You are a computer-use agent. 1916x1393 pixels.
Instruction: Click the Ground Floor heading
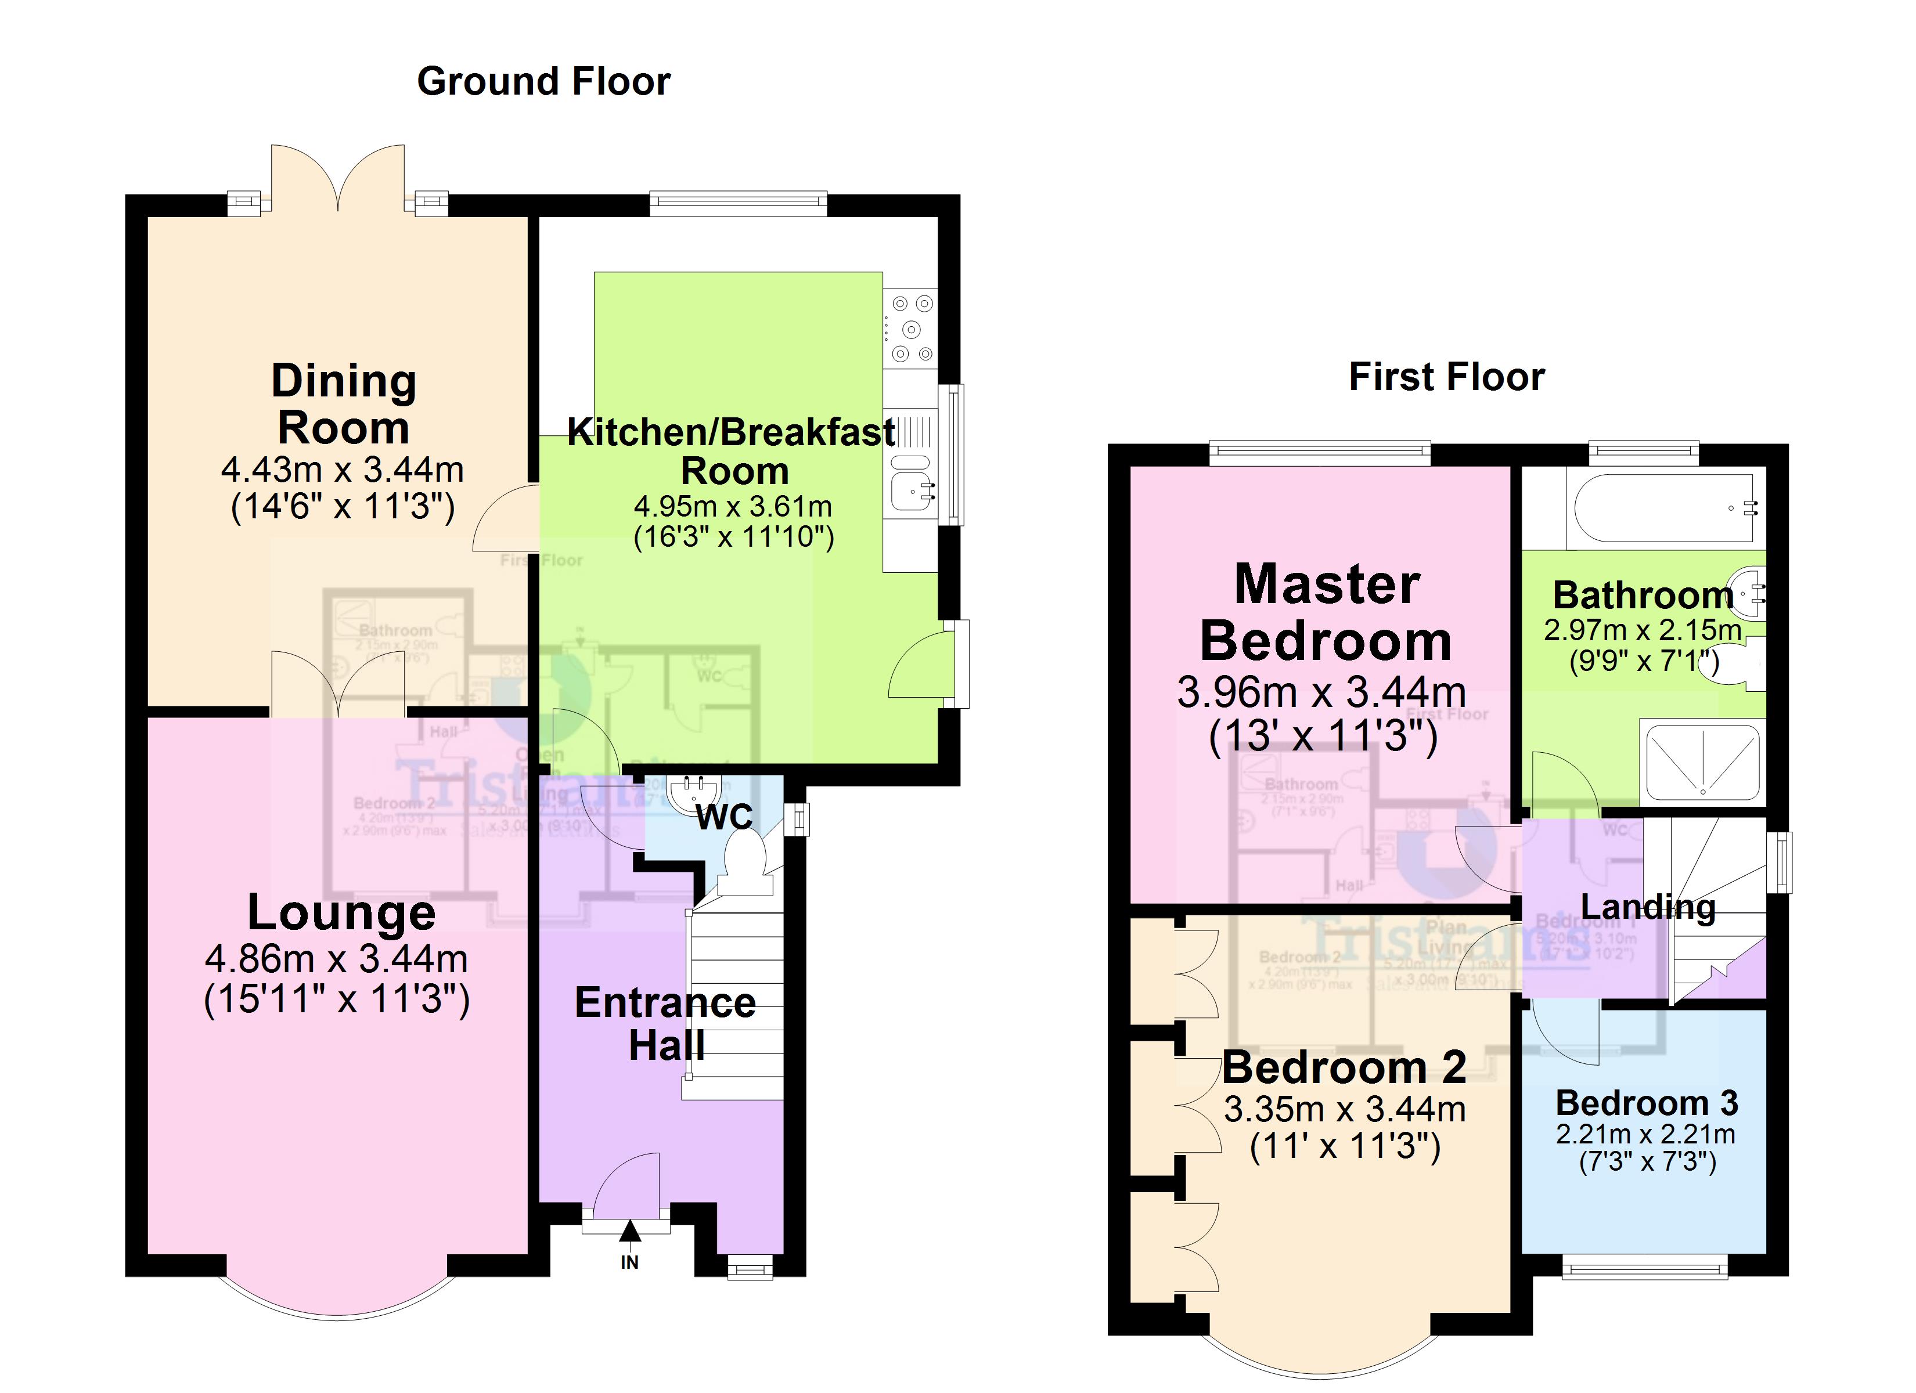543,82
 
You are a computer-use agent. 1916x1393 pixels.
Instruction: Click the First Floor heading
1446,377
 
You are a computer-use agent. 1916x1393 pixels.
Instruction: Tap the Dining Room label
343,404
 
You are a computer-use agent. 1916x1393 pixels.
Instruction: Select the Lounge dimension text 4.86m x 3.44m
336,959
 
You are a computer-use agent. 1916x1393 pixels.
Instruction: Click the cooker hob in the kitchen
912,329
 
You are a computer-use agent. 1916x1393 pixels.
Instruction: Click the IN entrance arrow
629,1242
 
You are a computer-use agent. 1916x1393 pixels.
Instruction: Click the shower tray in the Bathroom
1702,761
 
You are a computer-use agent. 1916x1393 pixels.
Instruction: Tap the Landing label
1647,907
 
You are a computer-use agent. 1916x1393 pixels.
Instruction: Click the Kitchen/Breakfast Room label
731,450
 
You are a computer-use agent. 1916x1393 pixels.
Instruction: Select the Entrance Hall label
665,1024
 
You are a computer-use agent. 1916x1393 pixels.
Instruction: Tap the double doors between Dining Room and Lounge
338,684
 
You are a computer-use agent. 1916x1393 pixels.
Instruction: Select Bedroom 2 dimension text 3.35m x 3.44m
1344,1109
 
